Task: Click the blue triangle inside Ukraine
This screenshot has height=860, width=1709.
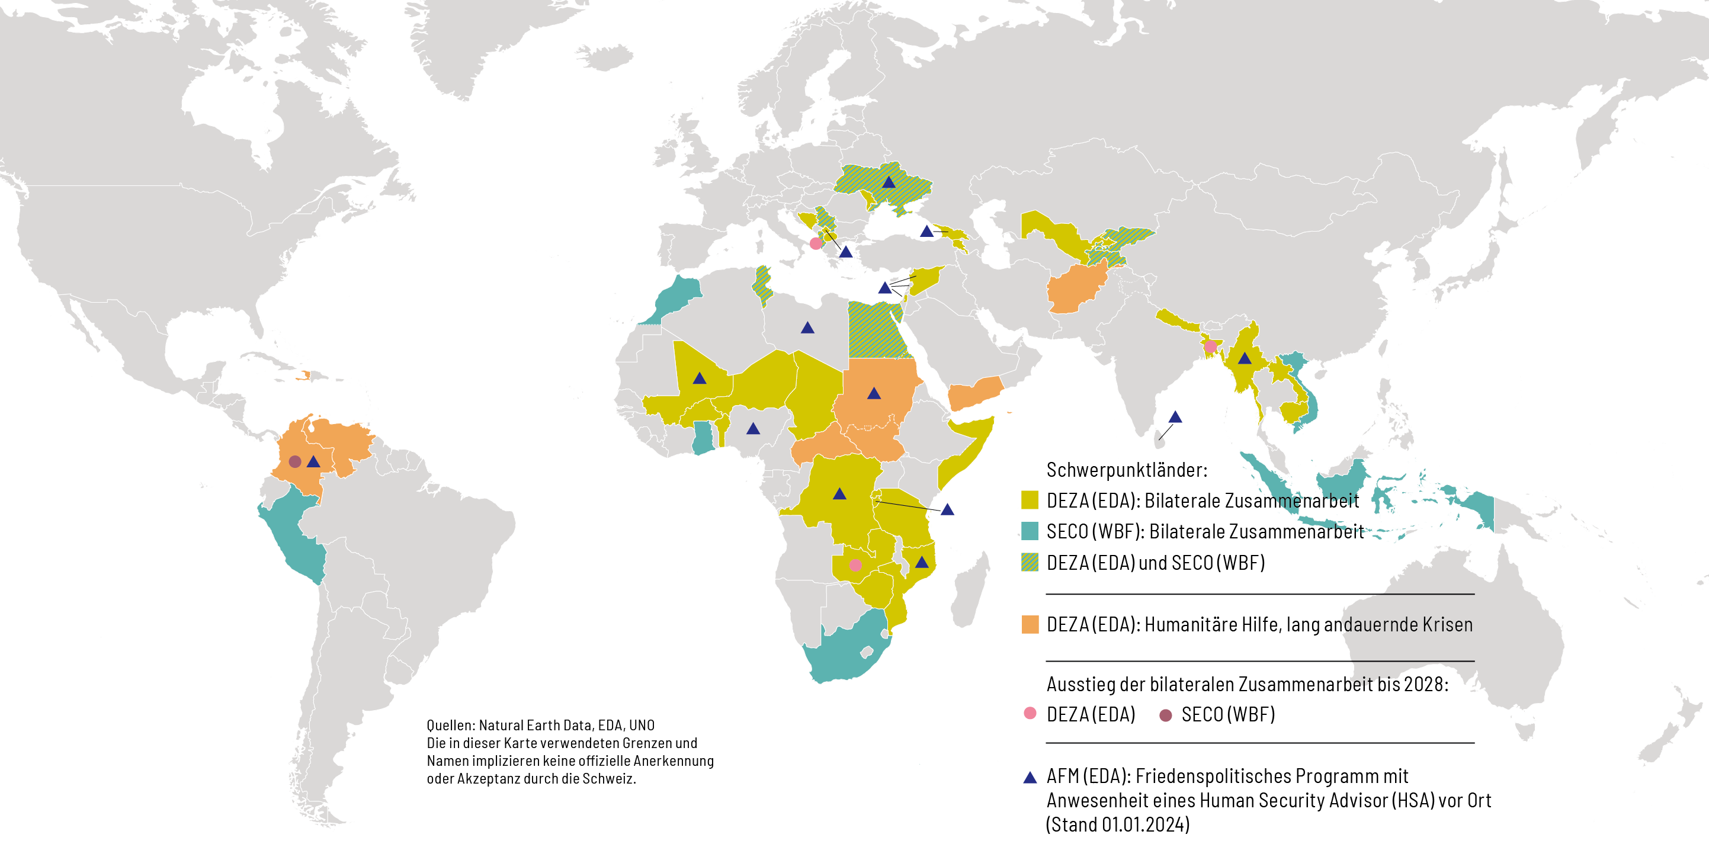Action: point(889,182)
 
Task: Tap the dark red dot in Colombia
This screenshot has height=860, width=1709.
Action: point(295,461)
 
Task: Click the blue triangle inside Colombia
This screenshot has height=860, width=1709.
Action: point(314,462)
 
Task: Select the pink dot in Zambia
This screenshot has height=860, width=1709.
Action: point(855,566)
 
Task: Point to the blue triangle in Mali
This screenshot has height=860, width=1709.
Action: point(699,379)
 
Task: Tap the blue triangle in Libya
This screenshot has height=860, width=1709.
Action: point(807,328)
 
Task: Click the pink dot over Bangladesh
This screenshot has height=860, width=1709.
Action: point(1210,346)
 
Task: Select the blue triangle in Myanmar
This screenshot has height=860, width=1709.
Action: point(1245,359)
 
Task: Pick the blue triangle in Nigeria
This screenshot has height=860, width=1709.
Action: point(753,429)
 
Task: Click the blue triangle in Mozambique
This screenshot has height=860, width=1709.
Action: point(922,563)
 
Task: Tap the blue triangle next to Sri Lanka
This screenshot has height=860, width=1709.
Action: point(1175,418)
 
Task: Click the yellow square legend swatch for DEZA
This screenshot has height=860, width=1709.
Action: point(1030,500)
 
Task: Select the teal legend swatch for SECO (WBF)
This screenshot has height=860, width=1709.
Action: point(1030,531)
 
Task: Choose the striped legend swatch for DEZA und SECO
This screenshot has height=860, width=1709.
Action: point(1030,562)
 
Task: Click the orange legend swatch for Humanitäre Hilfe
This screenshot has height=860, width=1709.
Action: point(1030,624)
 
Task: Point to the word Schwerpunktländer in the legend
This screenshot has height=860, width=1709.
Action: point(1127,470)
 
